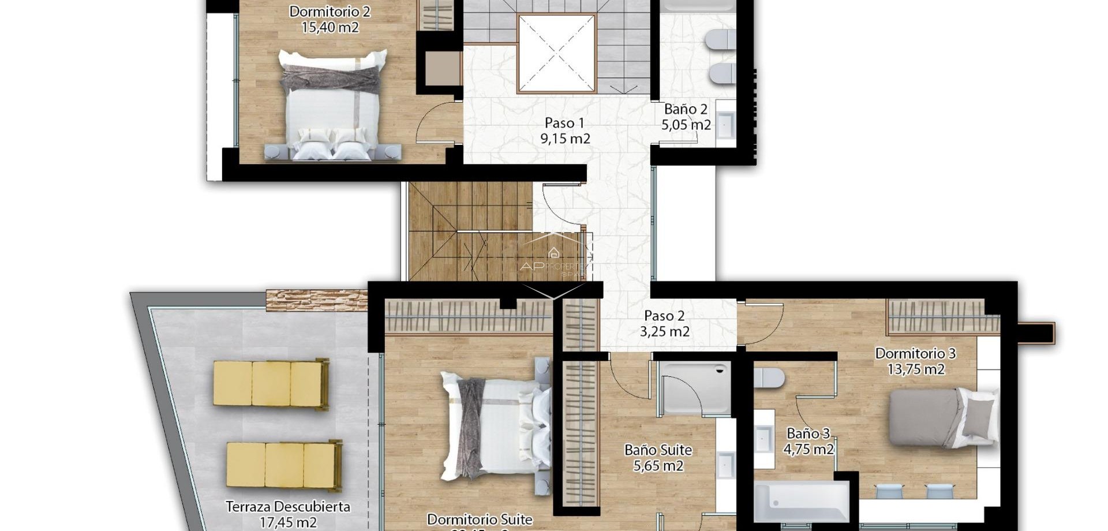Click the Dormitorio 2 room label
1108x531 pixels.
[330, 12]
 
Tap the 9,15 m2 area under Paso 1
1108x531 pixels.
[565, 139]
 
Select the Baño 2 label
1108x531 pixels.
[686, 109]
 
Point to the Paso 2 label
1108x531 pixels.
[664, 316]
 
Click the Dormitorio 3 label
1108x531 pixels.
[915, 353]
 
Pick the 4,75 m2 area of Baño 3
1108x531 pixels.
[808, 449]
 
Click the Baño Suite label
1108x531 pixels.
[658, 450]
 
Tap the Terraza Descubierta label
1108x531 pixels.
[287, 507]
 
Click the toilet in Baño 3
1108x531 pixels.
[769, 378]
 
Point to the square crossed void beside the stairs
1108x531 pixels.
[556, 53]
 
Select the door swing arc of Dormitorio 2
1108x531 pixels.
[437, 122]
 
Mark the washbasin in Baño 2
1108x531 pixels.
[725, 125]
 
